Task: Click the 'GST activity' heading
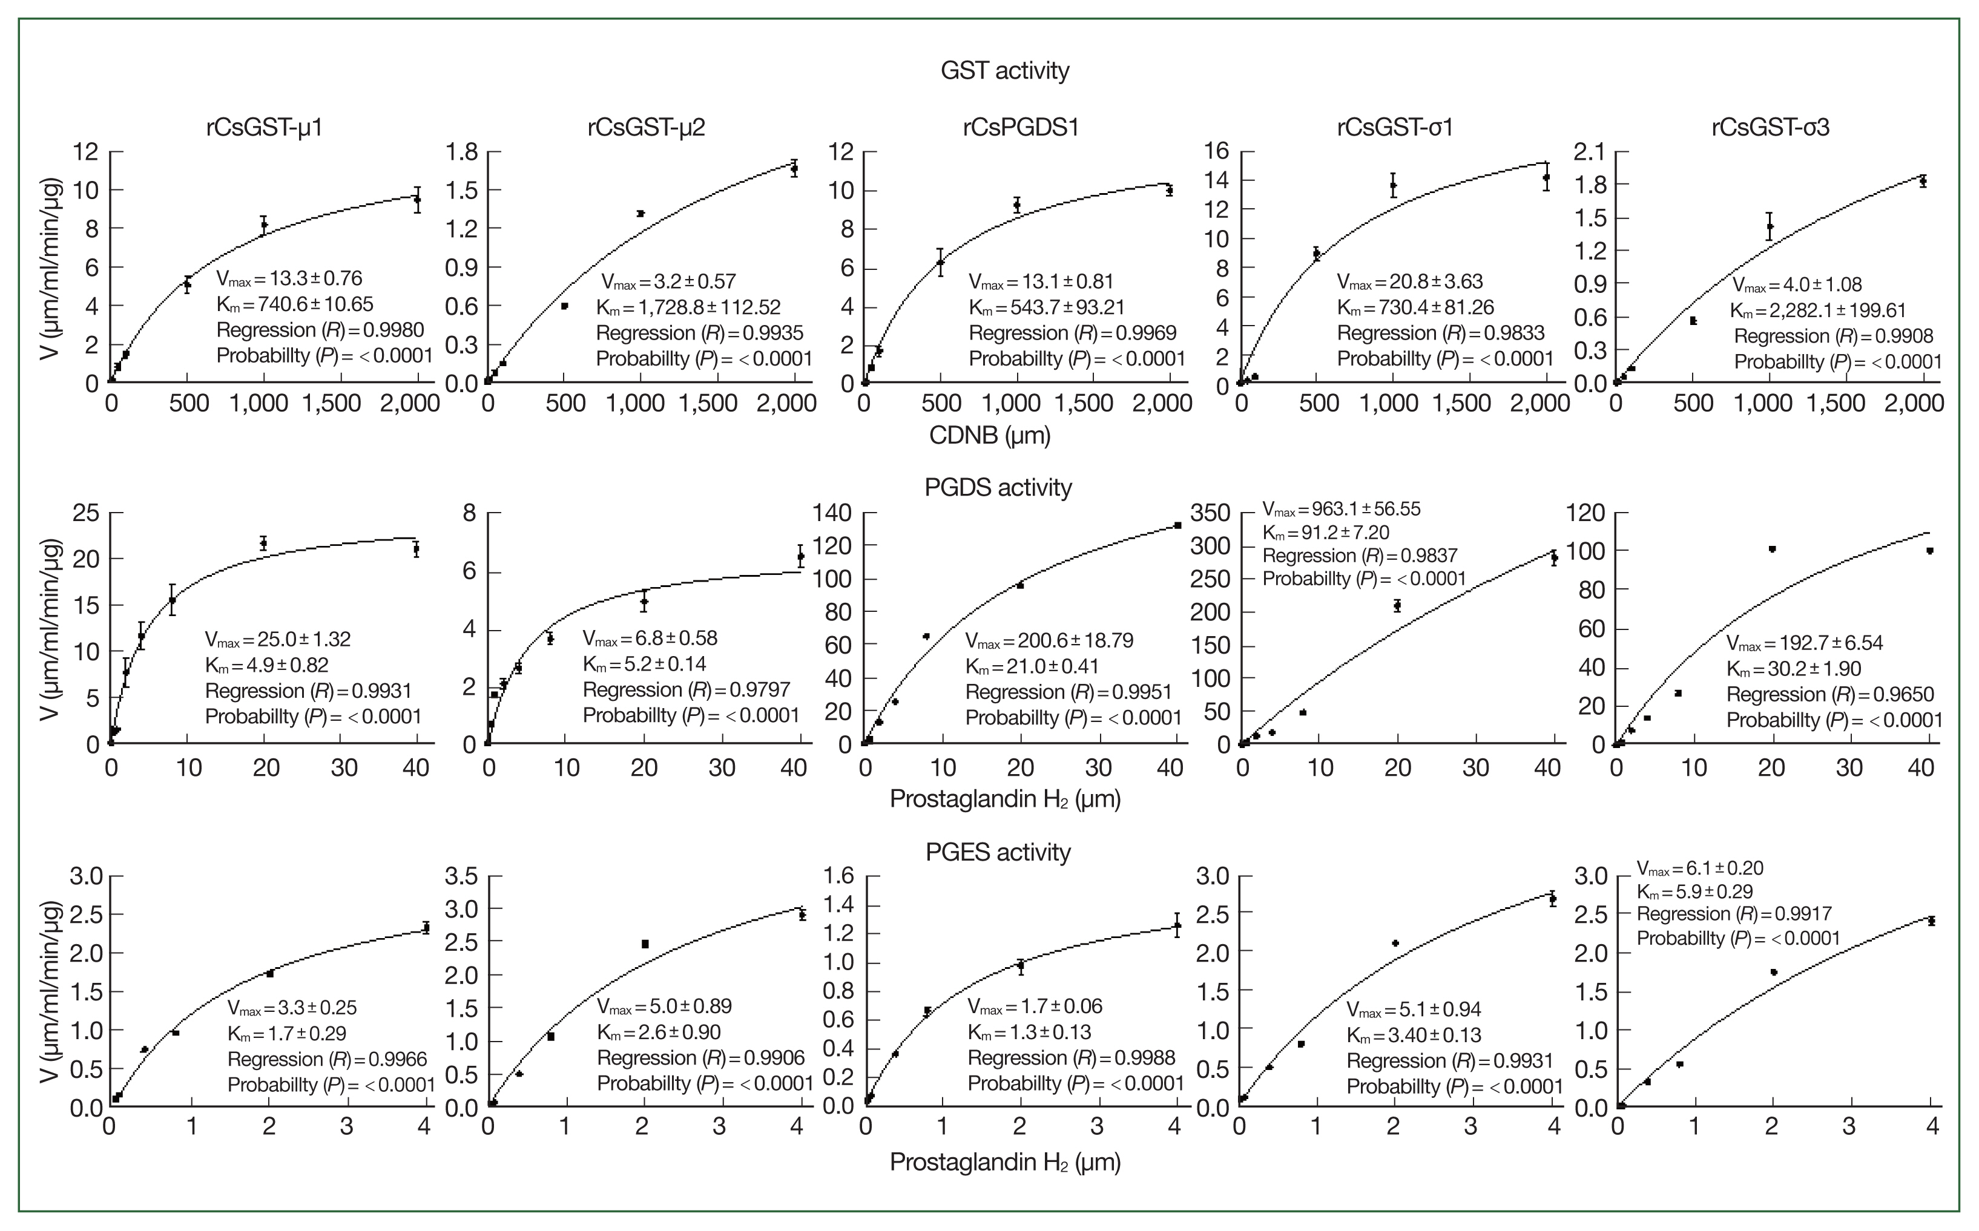click(1004, 71)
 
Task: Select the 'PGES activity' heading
click(998, 852)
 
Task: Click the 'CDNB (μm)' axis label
click(989, 436)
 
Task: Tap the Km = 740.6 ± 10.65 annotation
click(295, 304)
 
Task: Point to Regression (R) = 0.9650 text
click(1829, 694)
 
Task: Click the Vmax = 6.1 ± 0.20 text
click(1700, 868)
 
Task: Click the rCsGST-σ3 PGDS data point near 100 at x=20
click(1771, 549)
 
